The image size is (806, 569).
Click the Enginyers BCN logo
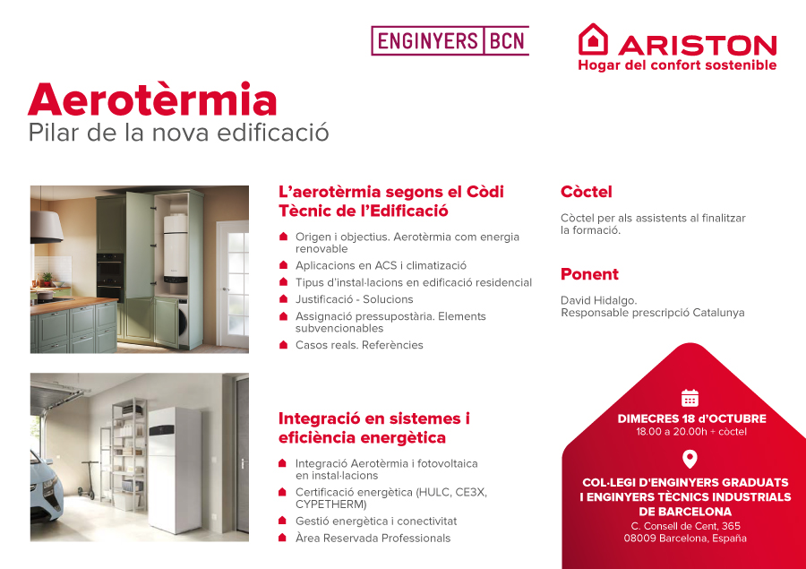tap(450, 40)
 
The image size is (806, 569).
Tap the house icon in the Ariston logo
tap(593, 39)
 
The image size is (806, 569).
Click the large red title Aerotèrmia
tap(152, 99)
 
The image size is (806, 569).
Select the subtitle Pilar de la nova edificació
tap(178, 133)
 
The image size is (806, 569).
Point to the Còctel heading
tap(586, 192)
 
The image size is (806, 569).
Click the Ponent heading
tap(589, 274)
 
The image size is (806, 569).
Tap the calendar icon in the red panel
tap(690, 398)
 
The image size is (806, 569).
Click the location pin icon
tap(690, 459)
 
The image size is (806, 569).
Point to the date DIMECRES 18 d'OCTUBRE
tap(691, 418)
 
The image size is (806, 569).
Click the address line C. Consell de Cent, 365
tap(686, 526)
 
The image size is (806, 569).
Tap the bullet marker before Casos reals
tap(283, 345)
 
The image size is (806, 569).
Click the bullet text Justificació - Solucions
tap(354, 299)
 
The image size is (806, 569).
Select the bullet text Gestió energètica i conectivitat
tap(376, 522)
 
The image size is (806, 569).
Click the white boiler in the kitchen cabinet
tap(176, 248)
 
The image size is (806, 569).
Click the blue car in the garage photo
tap(47, 487)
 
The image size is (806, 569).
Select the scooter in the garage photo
tap(88, 480)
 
